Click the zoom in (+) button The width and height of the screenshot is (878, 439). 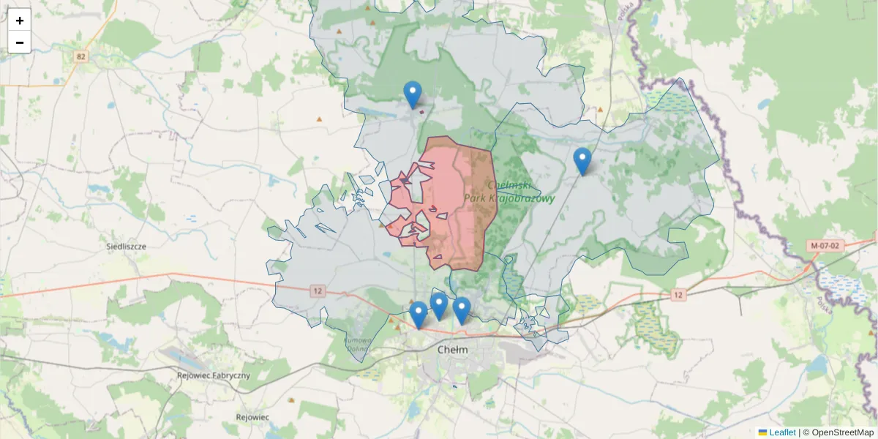pyautogui.click(x=20, y=20)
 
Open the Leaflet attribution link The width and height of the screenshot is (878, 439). pyautogui.click(x=782, y=432)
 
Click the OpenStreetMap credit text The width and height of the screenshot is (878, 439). pyautogui.click(x=842, y=432)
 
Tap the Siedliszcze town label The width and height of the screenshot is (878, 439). pyautogui.click(x=126, y=247)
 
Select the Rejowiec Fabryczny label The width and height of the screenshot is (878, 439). pyautogui.click(x=214, y=375)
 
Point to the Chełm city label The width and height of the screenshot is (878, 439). pyautogui.click(x=452, y=350)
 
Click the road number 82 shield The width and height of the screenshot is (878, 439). pyautogui.click(x=80, y=56)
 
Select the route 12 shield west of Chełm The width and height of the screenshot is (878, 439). pyautogui.click(x=316, y=290)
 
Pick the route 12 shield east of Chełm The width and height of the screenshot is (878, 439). pyautogui.click(x=678, y=295)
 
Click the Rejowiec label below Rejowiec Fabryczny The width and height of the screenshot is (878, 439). pyautogui.click(x=252, y=417)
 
